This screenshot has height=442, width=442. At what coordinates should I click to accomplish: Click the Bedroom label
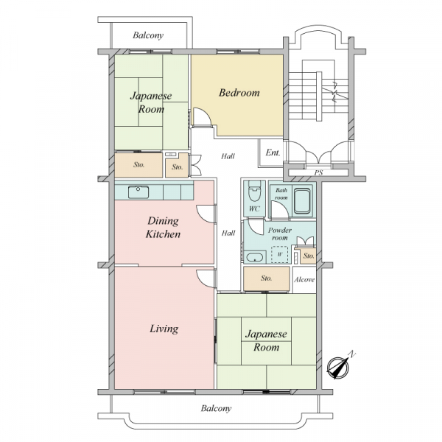239,93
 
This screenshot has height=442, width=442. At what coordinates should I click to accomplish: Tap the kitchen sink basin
138,192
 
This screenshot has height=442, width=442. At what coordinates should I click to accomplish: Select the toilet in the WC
255,191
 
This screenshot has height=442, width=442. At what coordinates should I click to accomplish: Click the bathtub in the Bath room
302,201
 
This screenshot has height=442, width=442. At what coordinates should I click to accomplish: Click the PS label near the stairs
318,172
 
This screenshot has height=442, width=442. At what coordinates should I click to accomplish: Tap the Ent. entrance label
273,152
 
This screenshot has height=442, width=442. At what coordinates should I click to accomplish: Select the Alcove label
304,280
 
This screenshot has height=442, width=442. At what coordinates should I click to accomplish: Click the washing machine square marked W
280,255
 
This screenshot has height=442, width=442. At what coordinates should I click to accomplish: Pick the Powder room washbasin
255,257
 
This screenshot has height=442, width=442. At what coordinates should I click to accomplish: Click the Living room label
164,329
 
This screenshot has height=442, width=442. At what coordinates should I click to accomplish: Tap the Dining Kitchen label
163,228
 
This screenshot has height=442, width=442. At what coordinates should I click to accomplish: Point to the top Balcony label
148,35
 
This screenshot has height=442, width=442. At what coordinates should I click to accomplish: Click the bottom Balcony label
216,408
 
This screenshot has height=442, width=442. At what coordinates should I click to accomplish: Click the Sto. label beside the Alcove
267,278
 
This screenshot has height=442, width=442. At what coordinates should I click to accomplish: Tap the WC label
254,209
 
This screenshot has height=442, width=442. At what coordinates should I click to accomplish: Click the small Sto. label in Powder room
309,256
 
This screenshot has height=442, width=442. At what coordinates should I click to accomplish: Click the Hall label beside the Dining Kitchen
228,233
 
